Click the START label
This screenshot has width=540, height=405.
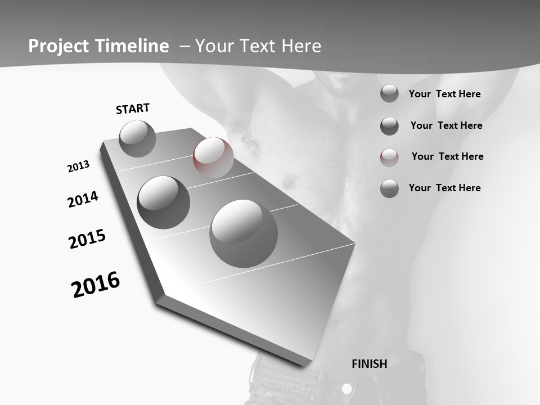[x=133, y=109]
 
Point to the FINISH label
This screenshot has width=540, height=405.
[x=370, y=364]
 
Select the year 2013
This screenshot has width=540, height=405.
[x=78, y=166]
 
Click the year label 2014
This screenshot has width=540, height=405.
[x=83, y=199]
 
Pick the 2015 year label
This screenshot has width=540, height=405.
[x=87, y=239]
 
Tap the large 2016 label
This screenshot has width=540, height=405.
[x=96, y=285]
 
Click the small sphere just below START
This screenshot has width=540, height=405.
[x=137, y=138]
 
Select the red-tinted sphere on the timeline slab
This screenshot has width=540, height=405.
[x=213, y=157]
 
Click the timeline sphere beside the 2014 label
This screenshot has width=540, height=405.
[x=163, y=202]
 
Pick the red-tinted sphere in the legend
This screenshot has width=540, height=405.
[x=389, y=157]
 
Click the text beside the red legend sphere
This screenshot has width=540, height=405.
[x=447, y=156]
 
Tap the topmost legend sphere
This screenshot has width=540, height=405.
[x=389, y=93]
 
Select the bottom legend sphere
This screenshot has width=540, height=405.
[x=389, y=188]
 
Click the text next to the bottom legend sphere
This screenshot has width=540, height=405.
[x=444, y=188]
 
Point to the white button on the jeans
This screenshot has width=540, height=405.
[x=347, y=389]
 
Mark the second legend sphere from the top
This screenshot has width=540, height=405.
[x=389, y=126]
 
